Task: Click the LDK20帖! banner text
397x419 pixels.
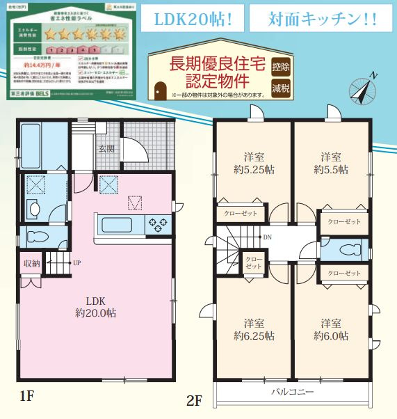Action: (x=189, y=19)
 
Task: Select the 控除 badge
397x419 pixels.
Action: (x=282, y=68)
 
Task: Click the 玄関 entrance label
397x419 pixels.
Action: (x=106, y=148)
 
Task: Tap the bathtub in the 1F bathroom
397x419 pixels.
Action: (x=41, y=144)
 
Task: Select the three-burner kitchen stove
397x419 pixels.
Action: (x=157, y=225)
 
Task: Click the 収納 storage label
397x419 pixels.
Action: (x=31, y=263)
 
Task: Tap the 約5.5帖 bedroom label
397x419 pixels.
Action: (x=331, y=169)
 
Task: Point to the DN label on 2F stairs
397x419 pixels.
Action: (x=267, y=237)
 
